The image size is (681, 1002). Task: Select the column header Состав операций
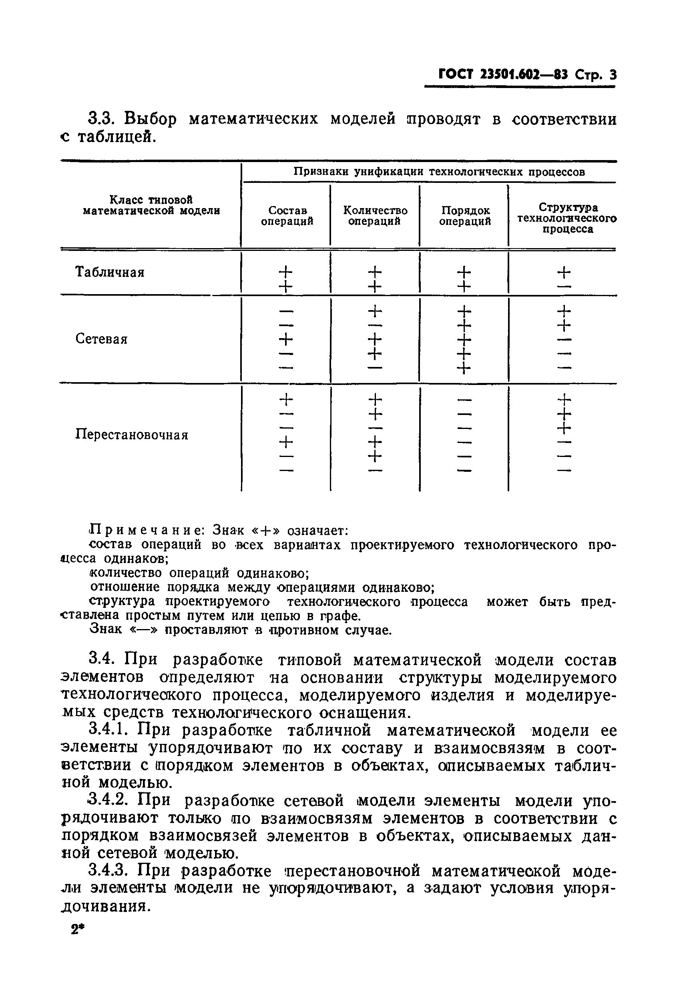click(287, 216)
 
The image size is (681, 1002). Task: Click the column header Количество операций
click(375, 216)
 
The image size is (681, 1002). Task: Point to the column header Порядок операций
click(465, 216)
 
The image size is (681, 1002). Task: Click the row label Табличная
click(110, 273)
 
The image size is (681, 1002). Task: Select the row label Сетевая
click(101, 339)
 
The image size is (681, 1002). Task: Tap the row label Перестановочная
click(132, 434)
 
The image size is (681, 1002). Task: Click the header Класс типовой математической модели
click(151, 205)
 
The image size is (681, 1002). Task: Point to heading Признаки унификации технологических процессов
click(439, 172)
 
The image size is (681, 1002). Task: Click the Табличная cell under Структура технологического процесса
click(564, 278)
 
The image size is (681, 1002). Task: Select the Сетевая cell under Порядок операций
click(464, 339)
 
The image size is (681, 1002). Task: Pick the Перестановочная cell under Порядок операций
click(464, 435)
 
